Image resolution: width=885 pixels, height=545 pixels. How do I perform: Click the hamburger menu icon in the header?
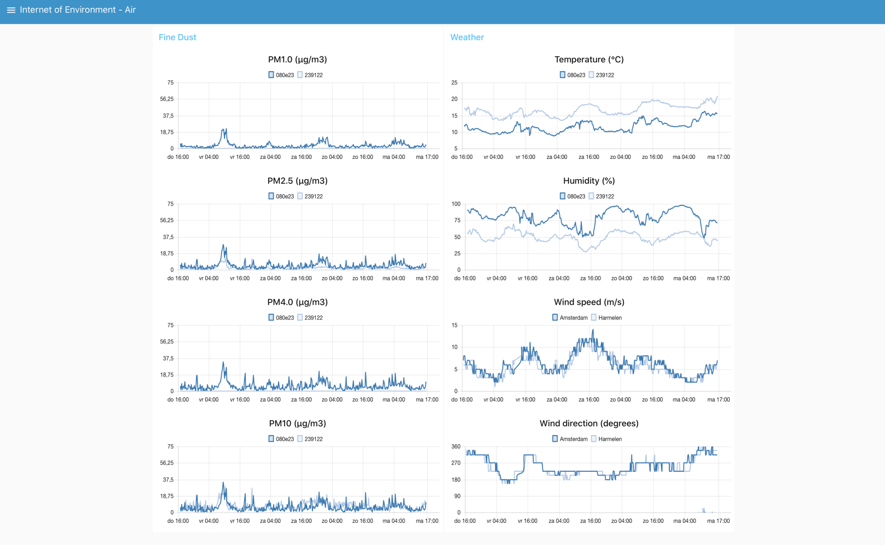pos(11,10)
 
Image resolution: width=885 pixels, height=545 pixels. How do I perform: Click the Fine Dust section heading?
pos(177,37)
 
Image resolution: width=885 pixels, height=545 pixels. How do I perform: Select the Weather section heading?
pos(467,37)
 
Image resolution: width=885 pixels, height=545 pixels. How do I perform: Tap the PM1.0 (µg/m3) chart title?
pos(297,59)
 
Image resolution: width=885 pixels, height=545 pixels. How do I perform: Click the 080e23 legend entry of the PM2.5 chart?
pos(281,196)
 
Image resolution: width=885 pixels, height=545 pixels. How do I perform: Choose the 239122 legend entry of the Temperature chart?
pos(601,75)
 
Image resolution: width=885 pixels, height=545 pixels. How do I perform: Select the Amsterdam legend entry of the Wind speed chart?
pos(570,318)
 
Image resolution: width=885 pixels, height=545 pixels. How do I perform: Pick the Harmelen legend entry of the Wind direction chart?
pos(606,439)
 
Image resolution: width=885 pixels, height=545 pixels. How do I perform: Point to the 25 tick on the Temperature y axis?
pos(454,83)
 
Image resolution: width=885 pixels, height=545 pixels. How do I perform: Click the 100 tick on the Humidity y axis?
pos(456,204)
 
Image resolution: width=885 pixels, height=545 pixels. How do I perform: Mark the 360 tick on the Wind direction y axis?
pos(456,446)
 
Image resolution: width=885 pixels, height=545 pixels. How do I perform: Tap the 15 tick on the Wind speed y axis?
pos(454,325)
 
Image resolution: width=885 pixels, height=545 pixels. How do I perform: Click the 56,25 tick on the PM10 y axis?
pos(167,463)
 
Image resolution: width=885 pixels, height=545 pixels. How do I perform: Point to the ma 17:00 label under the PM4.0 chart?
pos(427,400)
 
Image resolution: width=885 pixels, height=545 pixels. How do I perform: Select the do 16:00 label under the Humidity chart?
pos(465,278)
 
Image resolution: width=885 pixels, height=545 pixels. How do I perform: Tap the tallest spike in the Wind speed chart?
pos(593,330)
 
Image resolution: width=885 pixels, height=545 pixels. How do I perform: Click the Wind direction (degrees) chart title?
pos(589,423)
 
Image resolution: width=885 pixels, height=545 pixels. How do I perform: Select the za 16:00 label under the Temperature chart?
pos(589,157)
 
